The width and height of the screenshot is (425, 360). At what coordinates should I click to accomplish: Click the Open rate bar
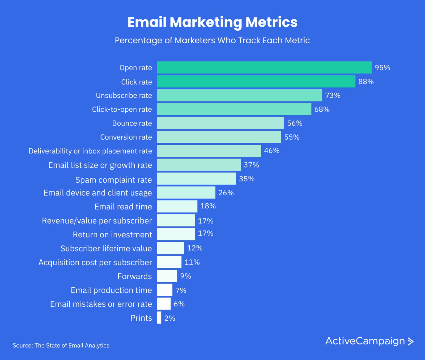point(264,68)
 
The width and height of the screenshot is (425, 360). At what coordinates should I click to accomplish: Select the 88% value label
point(366,82)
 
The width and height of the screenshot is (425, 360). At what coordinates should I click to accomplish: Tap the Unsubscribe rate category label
point(124,95)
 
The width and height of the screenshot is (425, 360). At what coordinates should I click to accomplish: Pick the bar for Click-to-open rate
point(234,109)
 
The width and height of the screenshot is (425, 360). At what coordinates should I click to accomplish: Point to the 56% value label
point(295,123)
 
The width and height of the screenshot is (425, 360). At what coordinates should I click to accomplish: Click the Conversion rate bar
point(219,137)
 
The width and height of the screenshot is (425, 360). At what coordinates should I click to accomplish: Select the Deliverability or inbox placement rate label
point(90,151)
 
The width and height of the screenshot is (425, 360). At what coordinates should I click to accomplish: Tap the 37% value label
point(251,165)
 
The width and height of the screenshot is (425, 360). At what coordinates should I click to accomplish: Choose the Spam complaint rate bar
point(196,179)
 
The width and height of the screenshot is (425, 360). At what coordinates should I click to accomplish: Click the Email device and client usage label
point(97,193)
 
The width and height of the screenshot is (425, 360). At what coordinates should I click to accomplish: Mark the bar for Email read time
point(177,206)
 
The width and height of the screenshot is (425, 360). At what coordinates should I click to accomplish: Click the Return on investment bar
point(176,234)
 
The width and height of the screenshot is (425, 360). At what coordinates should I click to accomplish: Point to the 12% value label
point(195,248)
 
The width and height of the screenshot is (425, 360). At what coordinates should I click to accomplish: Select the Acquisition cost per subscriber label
point(95,262)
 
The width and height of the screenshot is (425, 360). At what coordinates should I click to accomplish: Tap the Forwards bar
point(167,276)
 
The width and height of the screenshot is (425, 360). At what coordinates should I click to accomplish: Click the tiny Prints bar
point(159,317)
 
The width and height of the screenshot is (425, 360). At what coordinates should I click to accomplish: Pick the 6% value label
point(179,304)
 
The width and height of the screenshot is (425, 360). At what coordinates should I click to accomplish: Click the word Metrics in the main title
point(271,22)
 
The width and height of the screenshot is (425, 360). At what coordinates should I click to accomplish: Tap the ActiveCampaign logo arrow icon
point(410,341)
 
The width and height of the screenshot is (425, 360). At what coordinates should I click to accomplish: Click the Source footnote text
point(61,345)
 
